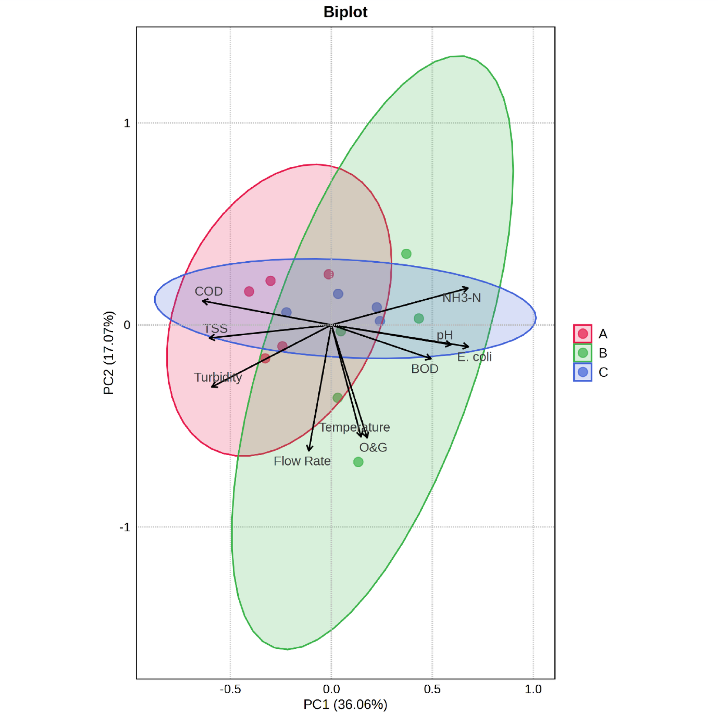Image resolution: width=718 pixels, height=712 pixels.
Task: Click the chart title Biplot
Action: point(345,12)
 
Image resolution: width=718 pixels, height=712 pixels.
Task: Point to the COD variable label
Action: point(208,291)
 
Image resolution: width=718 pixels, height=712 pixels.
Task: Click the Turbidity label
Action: point(218,377)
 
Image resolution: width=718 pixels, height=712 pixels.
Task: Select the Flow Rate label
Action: point(302,461)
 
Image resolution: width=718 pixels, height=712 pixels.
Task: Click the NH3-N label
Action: point(461,298)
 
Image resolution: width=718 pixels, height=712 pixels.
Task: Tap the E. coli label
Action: point(474,357)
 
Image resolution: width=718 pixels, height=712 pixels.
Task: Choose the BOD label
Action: point(425,369)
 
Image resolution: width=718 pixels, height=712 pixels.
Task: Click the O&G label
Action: point(373,447)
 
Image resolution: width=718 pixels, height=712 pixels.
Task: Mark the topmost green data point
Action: point(406,254)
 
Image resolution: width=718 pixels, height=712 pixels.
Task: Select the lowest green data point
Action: point(358,462)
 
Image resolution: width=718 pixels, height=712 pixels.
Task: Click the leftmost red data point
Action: point(249,291)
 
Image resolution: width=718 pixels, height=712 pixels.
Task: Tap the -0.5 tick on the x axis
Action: point(230,689)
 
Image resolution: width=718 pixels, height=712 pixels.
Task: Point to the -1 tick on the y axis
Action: point(125,527)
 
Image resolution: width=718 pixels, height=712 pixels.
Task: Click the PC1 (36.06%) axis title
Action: point(345,704)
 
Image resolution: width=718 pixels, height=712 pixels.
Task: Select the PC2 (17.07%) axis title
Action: point(108,353)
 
